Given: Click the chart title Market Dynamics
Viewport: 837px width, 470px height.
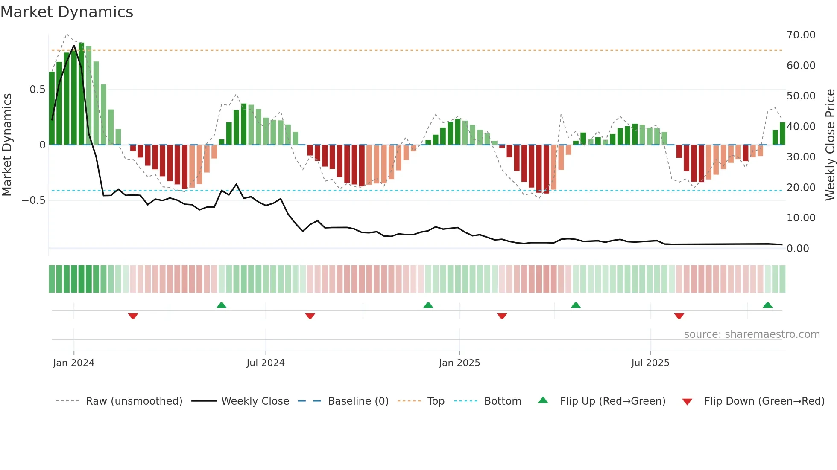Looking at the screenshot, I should tap(67, 12).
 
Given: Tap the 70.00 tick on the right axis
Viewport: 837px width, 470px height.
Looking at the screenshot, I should tap(801, 35).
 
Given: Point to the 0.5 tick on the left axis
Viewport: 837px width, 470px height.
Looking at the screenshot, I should tap(37, 90).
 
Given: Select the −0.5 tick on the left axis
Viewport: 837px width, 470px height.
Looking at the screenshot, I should tap(33, 200).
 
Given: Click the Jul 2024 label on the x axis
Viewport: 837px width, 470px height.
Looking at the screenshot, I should tap(265, 363).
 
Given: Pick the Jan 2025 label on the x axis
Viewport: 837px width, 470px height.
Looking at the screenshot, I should tap(459, 363).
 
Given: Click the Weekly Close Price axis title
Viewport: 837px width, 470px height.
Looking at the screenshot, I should tap(830, 145).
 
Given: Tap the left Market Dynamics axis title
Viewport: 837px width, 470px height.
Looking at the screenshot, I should tap(7, 145).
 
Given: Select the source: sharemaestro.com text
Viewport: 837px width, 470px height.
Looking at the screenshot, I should tap(752, 334).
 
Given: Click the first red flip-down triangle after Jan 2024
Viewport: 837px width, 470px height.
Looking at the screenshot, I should tap(133, 316).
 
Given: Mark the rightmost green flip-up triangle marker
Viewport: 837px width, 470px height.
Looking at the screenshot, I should tap(767, 305).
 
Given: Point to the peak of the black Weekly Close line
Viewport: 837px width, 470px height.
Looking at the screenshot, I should tap(74, 46).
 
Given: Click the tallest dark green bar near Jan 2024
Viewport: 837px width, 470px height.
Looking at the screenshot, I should tap(81, 94).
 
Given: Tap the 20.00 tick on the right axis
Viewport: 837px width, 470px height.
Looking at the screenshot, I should tap(801, 188).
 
